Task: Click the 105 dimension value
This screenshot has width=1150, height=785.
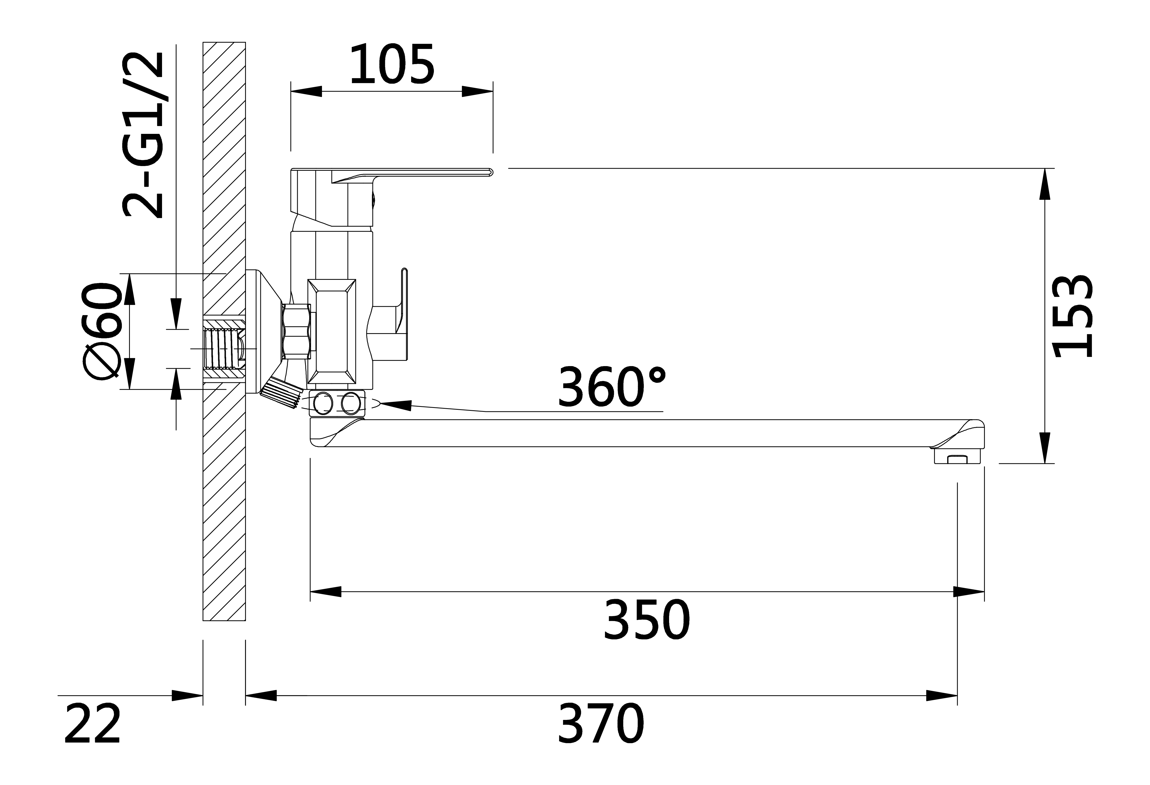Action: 392,65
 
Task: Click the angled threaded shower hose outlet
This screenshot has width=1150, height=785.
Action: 281,394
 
